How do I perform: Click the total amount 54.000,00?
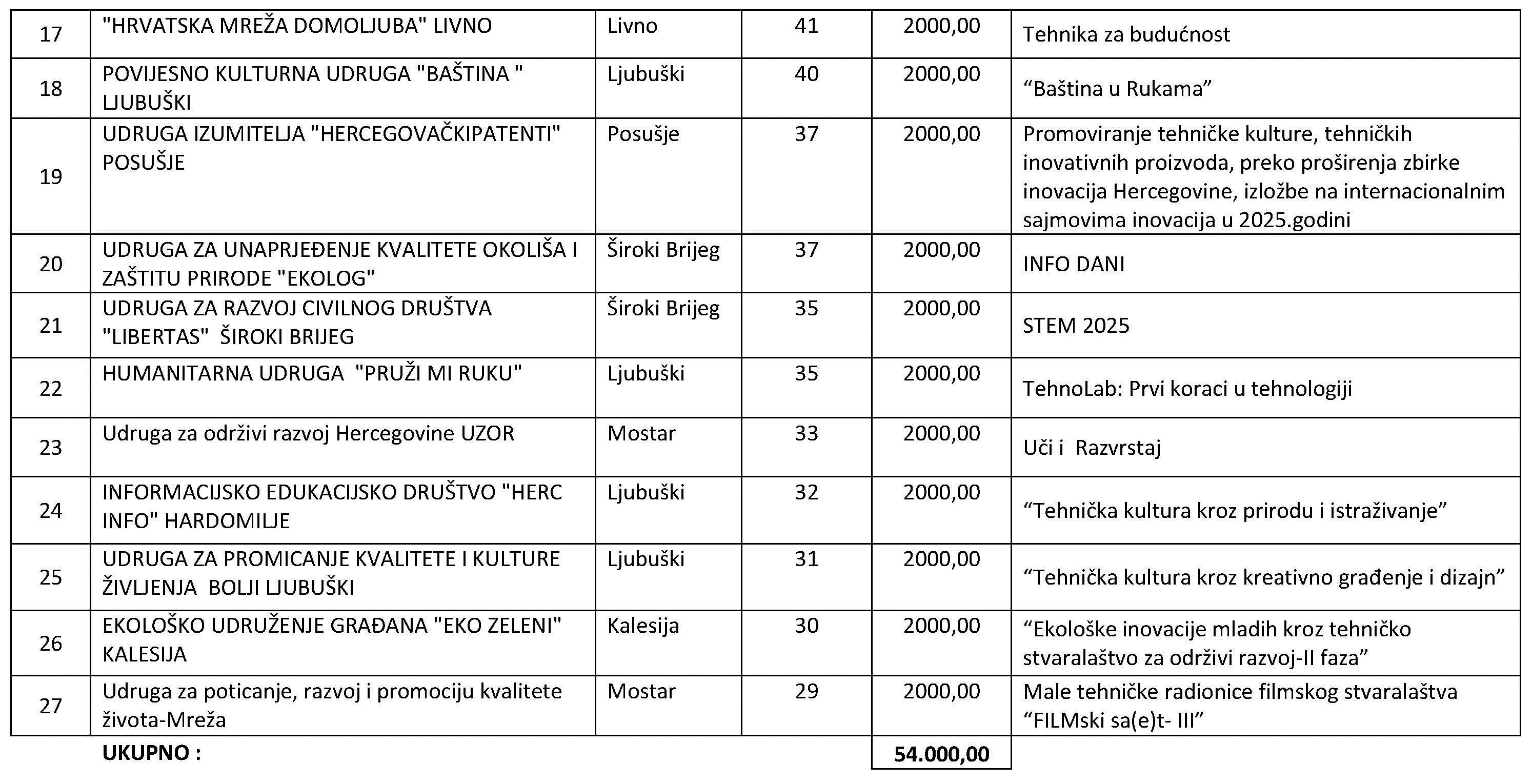[941, 754]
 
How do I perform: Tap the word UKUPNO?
[152, 753]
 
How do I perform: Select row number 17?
[51, 34]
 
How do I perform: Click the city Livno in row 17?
[632, 26]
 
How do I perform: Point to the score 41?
[806, 26]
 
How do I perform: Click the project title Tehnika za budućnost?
[1126, 34]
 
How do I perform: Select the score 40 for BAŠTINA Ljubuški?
[806, 74]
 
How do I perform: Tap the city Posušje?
[643, 134]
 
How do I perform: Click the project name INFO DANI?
[1074, 264]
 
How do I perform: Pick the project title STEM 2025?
[1075, 326]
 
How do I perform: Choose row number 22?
[51, 389]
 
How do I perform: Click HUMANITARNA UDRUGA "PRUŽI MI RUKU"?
[312, 374]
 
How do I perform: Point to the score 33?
[806, 433]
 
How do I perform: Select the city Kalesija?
[643, 626]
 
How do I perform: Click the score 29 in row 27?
[806, 691]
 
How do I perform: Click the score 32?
[806, 493]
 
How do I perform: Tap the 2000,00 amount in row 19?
[941, 134]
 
